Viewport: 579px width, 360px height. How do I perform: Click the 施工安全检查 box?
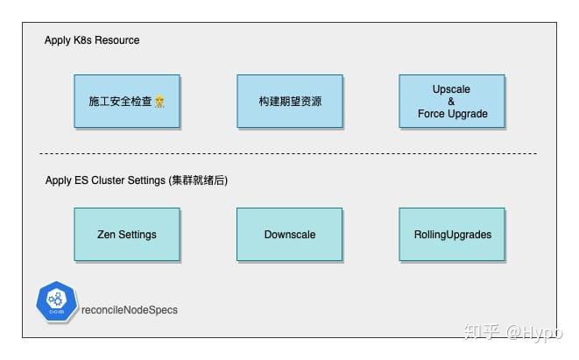click(x=127, y=101)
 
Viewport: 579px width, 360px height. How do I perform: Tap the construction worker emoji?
click(x=160, y=102)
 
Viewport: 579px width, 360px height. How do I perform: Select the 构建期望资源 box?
click(x=290, y=101)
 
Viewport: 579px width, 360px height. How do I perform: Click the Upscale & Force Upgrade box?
click(x=451, y=101)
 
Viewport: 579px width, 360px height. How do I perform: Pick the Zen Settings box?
click(x=127, y=234)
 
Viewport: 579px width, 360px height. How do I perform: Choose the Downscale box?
click(x=290, y=234)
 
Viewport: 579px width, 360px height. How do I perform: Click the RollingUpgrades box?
click(x=451, y=234)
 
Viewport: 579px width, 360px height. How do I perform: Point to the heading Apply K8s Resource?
click(x=92, y=40)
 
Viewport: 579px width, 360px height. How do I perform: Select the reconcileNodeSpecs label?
click(x=129, y=311)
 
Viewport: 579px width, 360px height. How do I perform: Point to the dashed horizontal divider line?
click(x=289, y=154)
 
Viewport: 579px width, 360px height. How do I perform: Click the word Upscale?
click(x=451, y=89)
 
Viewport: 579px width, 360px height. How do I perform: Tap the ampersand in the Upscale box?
click(x=451, y=102)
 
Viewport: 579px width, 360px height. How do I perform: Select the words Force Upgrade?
click(x=451, y=113)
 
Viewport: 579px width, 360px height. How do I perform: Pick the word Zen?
click(x=107, y=235)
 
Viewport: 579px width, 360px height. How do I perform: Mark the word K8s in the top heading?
click(x=87, y=40)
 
